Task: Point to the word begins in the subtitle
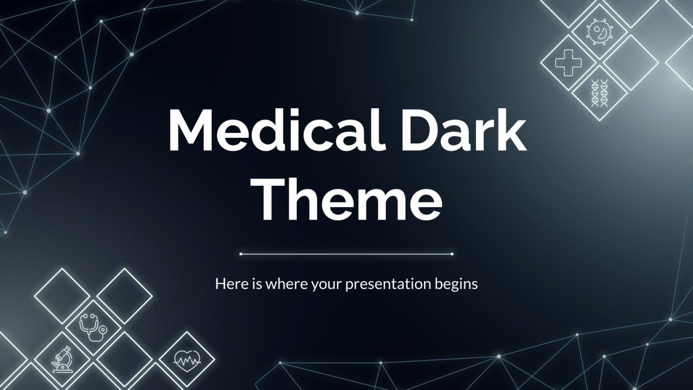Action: [x=455, y=284]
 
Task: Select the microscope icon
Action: [x=62, y=359]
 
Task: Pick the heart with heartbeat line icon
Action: [x=186, y=359]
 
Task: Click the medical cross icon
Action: [x=568, y=63]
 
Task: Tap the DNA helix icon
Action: [x=599, y=93]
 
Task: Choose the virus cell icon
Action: [x=599, y=31]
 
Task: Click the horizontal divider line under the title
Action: [x=347, y=254]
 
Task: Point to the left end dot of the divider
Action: [x=241, y=254]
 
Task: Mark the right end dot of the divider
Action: [x=452, y=254]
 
